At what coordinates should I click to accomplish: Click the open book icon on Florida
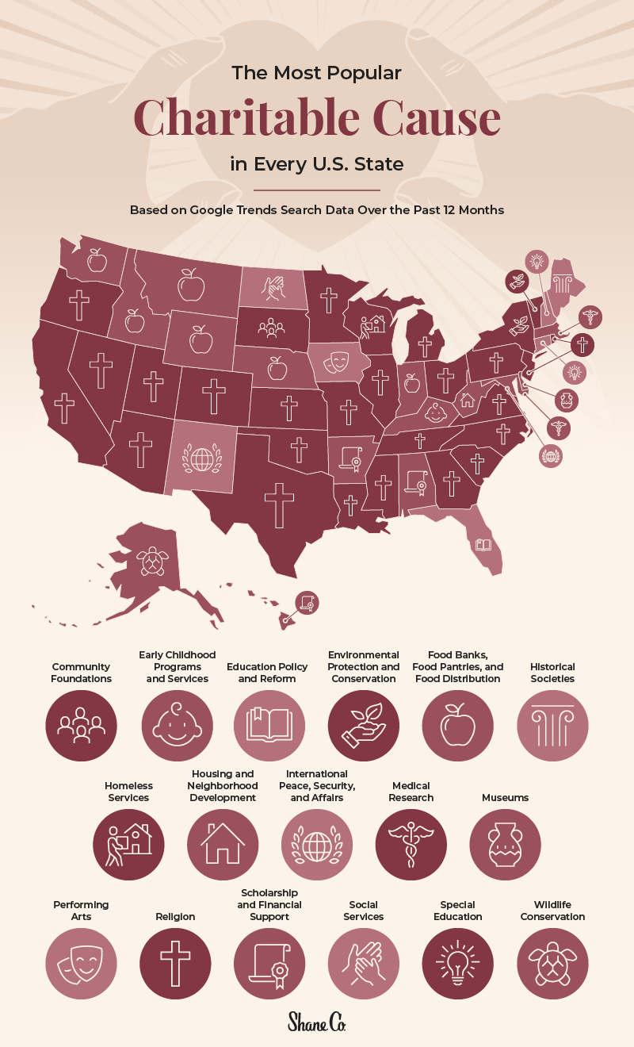coord(483,545)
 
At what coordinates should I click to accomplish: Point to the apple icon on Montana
coord(191,285)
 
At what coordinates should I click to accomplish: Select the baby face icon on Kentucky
coord(436,412)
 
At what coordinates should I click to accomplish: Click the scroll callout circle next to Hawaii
coord(307,603)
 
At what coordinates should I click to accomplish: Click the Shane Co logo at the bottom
coord(316,1021)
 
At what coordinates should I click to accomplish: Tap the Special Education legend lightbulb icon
coord(458,964)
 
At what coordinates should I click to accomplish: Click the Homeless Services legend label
coord(128,792)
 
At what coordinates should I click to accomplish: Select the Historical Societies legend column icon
coord(552,727)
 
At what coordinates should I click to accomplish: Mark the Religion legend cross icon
coord(175,964)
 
